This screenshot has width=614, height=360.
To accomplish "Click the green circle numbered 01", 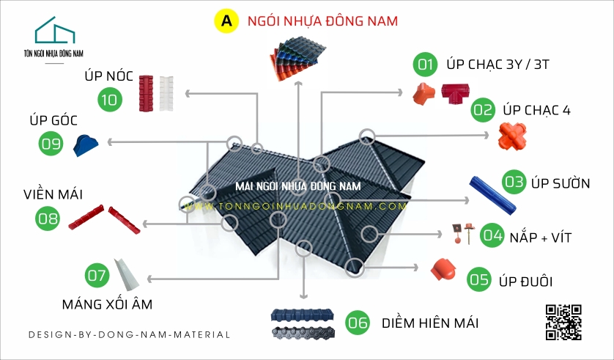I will pos(423,65).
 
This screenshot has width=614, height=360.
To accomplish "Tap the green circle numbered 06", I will pos(358,323).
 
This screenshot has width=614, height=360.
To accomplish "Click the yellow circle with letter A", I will pos(226,21).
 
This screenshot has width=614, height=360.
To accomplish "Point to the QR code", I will pos(563,321).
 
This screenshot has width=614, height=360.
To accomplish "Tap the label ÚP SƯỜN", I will pos(561,183).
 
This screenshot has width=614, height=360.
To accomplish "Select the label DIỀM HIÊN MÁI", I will pos(429,323).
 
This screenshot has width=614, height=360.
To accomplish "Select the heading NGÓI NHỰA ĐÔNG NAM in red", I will pos(322,21).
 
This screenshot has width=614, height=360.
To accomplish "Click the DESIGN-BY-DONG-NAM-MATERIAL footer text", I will pos(129,334).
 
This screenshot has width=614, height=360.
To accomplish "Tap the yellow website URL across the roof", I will pos(296,207).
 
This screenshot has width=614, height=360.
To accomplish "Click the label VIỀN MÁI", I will pos(52,194).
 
